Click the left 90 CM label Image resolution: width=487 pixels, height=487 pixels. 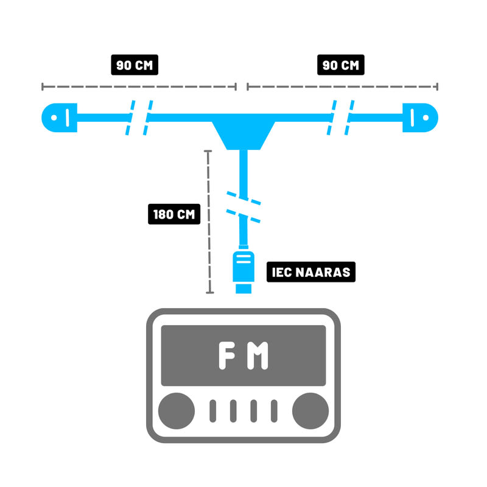click(134, 65)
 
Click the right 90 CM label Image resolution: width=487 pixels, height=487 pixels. click(340, 65)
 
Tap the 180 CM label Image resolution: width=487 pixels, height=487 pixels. click(173, 214)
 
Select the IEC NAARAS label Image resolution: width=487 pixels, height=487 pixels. click(310, 272)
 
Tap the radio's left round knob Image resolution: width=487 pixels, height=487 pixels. click(177, 410)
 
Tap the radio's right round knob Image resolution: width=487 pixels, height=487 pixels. click(310, 410)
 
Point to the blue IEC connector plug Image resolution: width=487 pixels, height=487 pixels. click(243, 270)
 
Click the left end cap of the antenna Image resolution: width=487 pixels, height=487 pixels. click(59, 117)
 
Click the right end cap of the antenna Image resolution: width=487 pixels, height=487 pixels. click(421, 117)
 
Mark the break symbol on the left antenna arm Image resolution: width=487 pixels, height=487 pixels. click(139, 117)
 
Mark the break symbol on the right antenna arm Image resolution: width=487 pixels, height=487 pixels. click(342, 117)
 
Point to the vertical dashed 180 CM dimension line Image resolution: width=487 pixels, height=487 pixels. click(209, 222)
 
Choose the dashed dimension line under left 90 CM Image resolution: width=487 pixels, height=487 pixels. click(139, 86)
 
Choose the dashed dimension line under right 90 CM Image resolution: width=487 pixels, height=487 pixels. click(342, 86)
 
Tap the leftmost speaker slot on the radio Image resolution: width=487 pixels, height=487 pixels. click(213, 411)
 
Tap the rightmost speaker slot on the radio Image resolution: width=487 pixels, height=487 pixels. click(274, 411)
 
